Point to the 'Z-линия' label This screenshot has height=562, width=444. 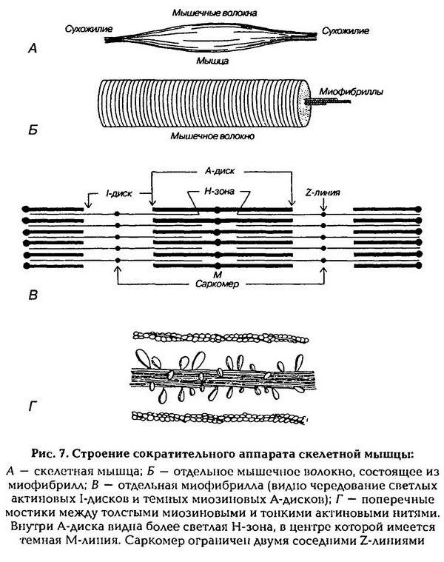(x=323, y=190)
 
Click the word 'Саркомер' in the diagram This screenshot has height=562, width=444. (x=219, y=283)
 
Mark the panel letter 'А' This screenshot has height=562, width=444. (x=32, y=50)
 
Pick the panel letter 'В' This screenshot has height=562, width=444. (x=32, y=296)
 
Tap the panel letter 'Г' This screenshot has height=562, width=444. (x=32, y=407)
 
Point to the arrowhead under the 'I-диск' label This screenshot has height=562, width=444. (x=88, y=207)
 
